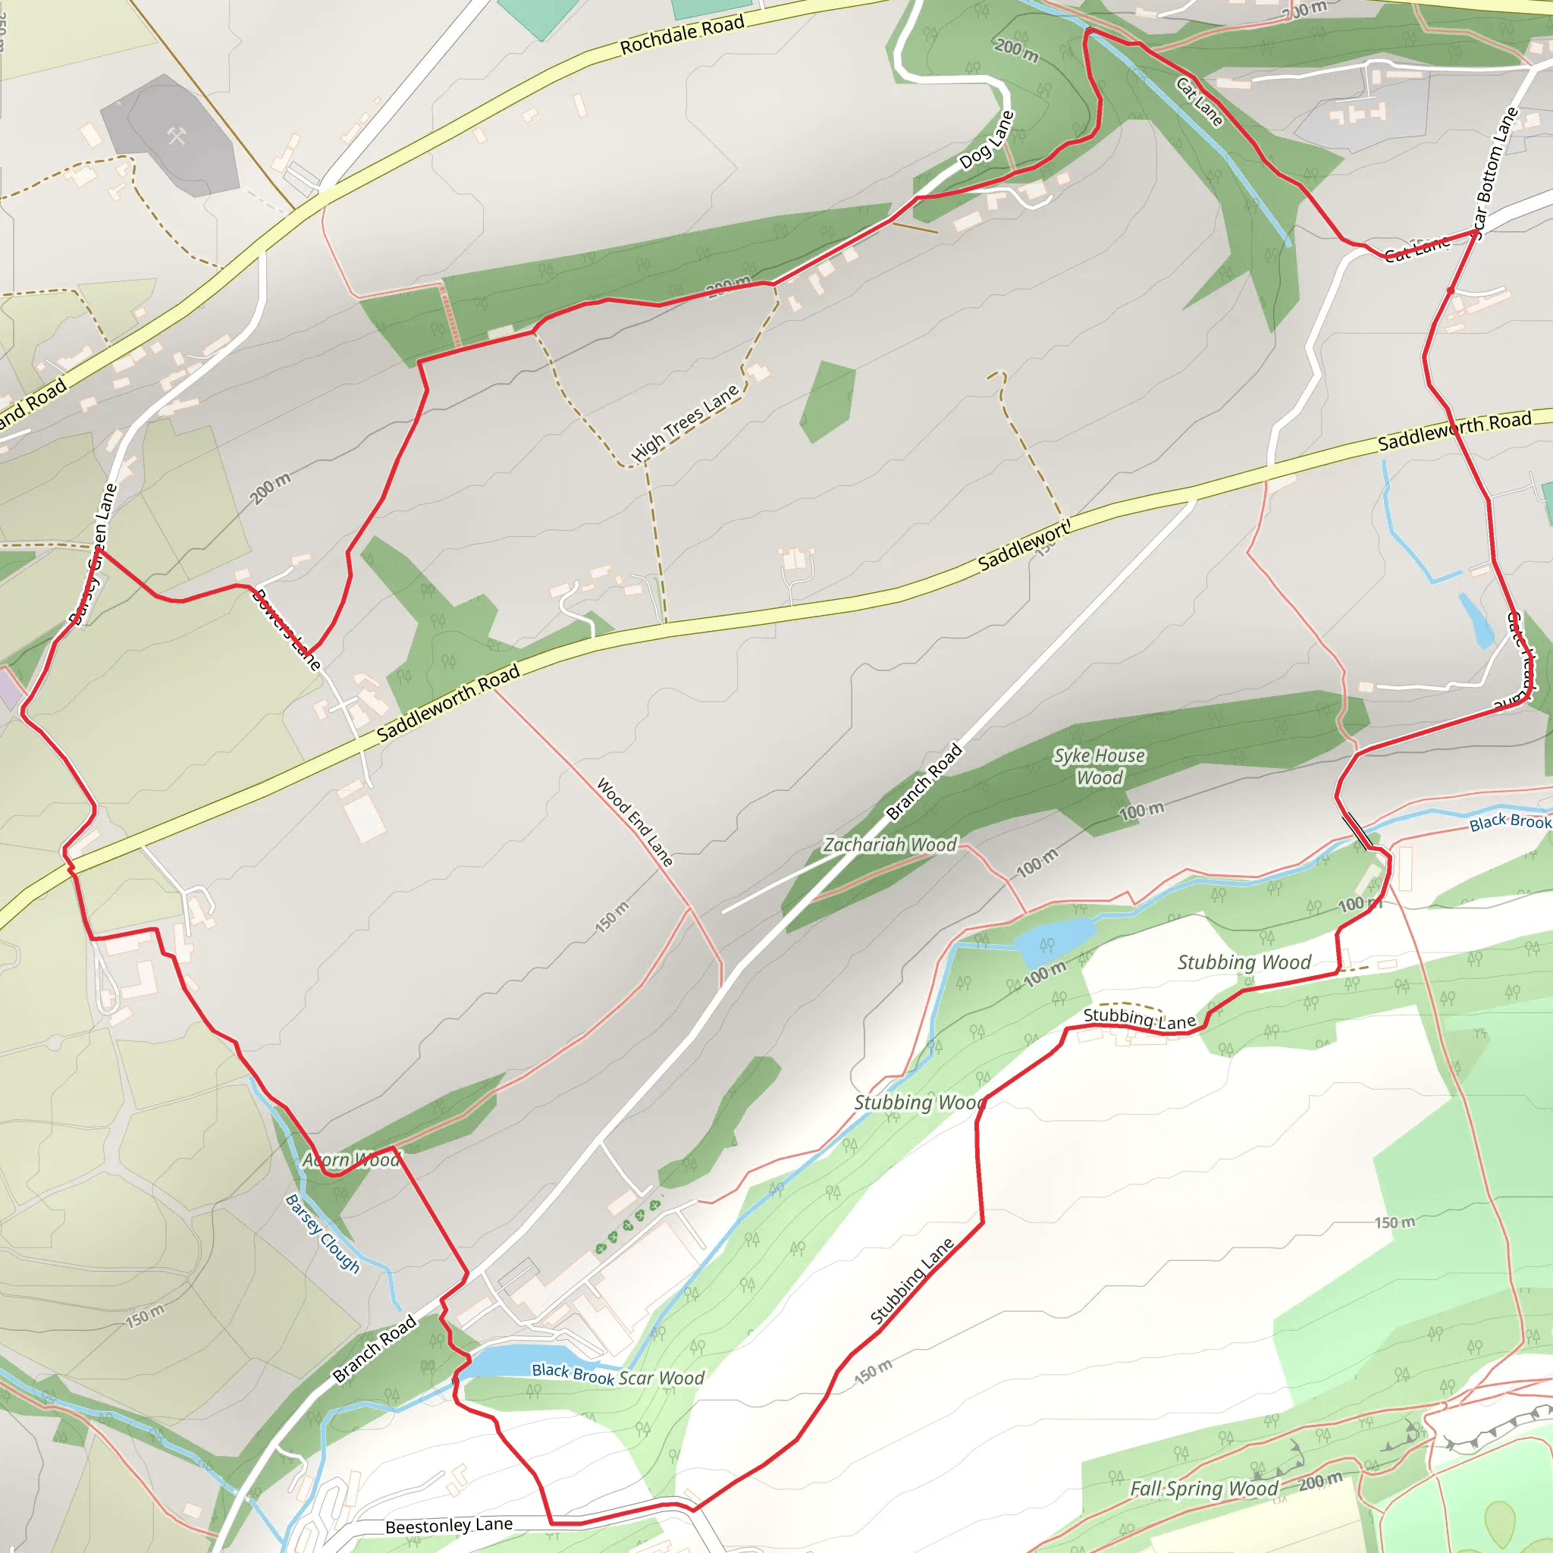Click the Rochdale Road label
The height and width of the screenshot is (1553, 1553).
coord(682,36)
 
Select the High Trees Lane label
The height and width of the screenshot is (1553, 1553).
coord(685,423)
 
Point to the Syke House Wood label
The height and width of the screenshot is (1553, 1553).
coord(1099,766)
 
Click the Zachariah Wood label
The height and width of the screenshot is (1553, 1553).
coord(889,845)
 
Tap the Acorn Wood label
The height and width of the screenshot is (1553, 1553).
coord(351,1160)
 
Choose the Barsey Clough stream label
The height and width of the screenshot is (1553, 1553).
coord(323,1234)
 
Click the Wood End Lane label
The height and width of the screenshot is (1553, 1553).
coord(634,821)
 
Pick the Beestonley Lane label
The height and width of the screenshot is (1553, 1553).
coord(449,1526)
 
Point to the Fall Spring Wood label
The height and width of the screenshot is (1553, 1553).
coord(1203,1489)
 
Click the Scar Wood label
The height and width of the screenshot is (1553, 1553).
coord(660,1379)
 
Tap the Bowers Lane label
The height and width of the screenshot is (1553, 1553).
coord(286,629)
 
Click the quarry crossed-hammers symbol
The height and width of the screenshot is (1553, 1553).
coord(177,136)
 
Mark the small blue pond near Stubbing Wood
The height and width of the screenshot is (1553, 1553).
coord(1054,942)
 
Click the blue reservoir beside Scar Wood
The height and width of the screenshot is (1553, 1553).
coord(507,1363)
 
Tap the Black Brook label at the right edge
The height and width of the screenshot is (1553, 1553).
coord(1510,821)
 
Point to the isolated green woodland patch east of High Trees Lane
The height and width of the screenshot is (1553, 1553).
coord(828,400)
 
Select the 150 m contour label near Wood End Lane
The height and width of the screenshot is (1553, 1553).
coord(612,918)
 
